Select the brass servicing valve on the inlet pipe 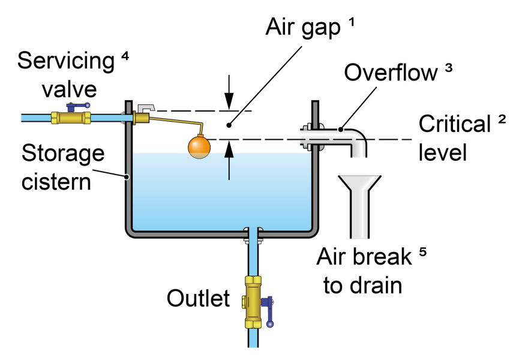tap(70, 117)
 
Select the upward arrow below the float tap(229, 161)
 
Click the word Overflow tap(390, 73)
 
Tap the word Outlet tap(199, 298)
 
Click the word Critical tap(454, 125)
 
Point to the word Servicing tap(66, 61)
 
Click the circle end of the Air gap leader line tap(229, 125)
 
